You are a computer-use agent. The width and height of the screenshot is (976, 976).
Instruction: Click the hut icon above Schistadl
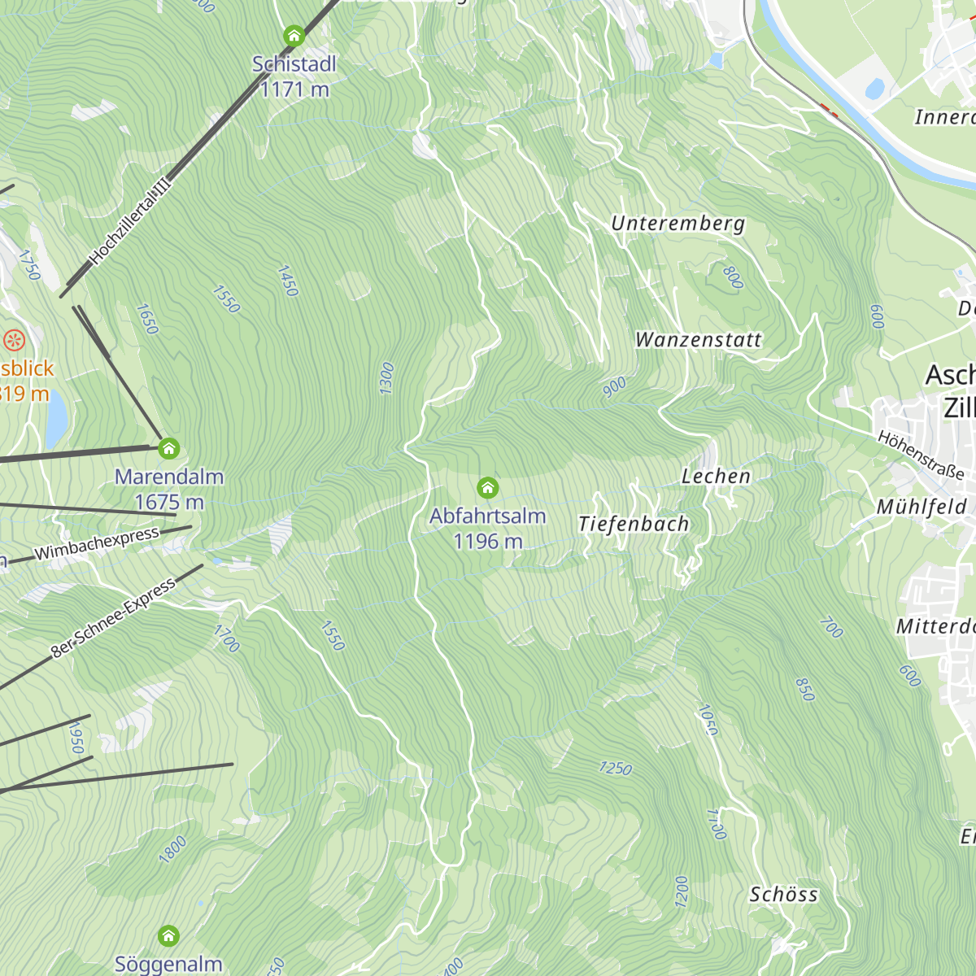pos(294,36)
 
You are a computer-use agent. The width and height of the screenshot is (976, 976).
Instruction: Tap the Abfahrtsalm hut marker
pos(487,487)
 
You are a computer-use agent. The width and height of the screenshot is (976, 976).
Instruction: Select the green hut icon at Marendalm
pos(168,448)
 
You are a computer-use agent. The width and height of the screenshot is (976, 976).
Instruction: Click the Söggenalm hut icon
pos(168,935)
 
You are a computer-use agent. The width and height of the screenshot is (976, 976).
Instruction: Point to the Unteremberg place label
pos(678,223)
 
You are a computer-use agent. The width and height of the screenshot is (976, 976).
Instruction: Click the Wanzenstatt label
pos(698,339)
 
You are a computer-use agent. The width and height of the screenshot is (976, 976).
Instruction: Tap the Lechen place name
pos(716,477)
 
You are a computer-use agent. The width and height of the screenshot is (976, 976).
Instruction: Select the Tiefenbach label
pos(634,525)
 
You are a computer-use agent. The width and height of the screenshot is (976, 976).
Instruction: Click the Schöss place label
pos(783,895)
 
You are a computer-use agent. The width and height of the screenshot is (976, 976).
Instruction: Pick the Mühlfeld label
pos(922,508)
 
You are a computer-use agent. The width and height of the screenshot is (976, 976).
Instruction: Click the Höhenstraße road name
pos(921,455)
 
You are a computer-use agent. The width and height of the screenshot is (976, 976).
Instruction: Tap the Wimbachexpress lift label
pos(97,543)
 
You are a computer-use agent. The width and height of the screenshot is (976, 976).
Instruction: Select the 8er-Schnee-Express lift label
pos(113,618)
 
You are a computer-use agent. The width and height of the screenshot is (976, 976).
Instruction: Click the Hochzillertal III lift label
pos(131,223)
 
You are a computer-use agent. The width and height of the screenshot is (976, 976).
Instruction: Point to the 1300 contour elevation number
pos(387,378)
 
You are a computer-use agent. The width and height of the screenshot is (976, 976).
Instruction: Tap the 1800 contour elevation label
pos(172,849)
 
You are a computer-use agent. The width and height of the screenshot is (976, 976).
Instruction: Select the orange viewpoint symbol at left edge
pos(14,340)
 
